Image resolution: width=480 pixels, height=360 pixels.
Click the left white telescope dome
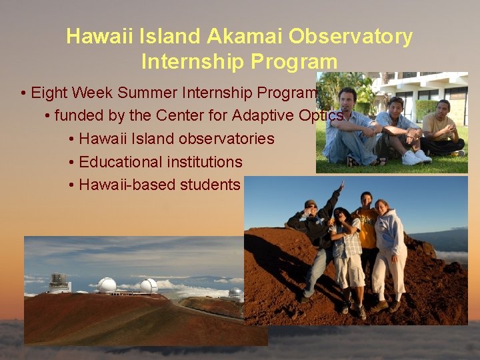tap(107, 285)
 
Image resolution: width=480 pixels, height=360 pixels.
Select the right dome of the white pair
tap(149, 286)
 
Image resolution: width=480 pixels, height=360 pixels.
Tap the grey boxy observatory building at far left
tap(59, 283)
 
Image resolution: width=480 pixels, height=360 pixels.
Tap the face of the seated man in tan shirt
tap(443, 106)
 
